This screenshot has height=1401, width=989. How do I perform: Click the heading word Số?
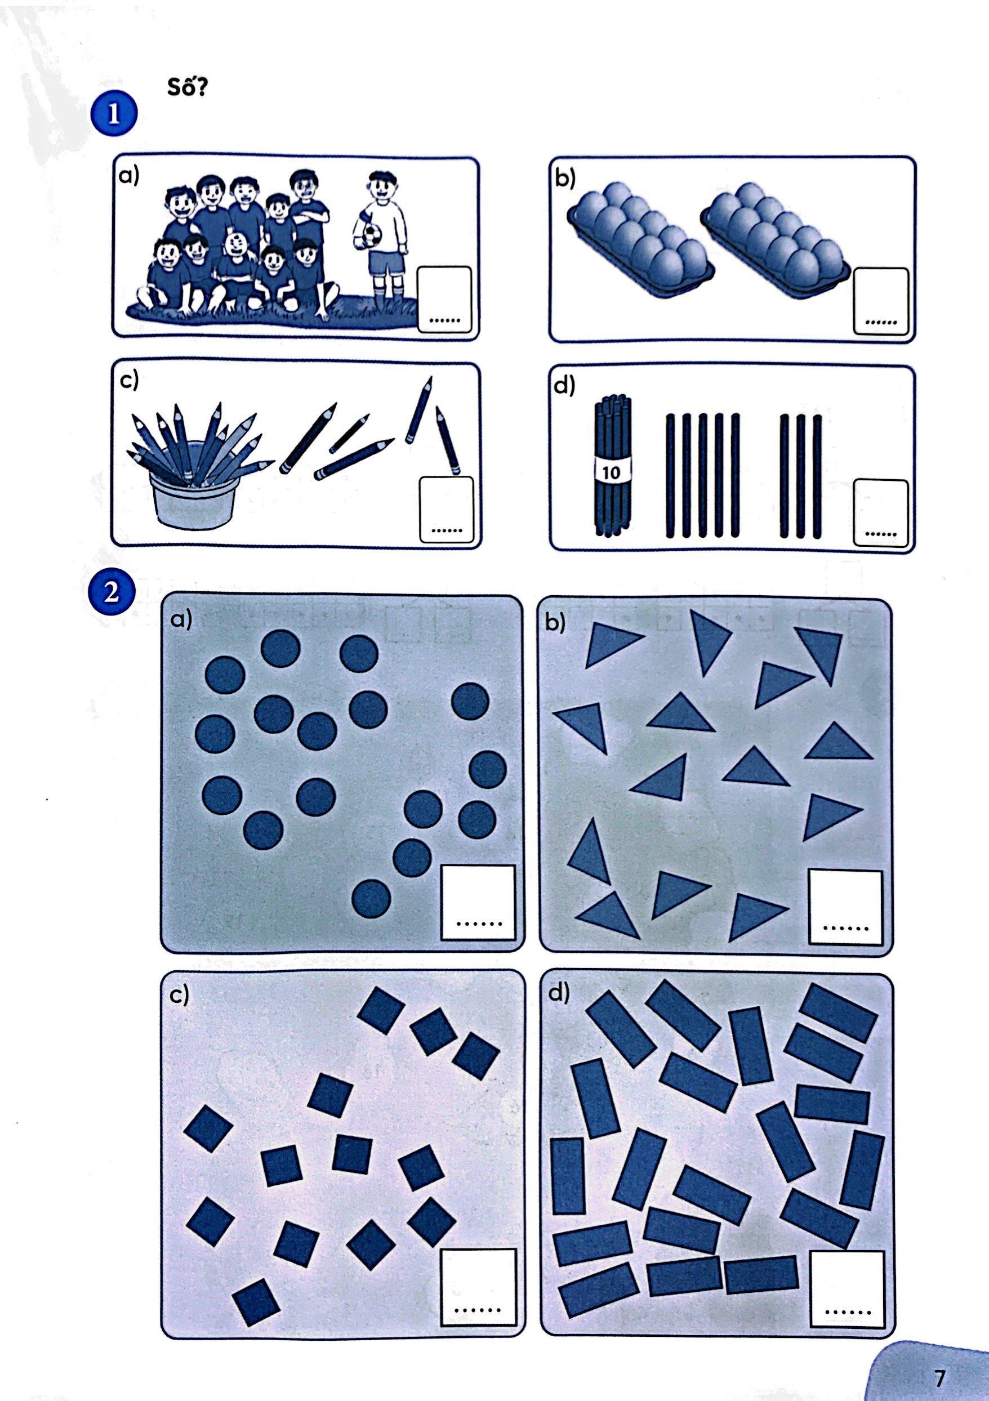click(188, 87)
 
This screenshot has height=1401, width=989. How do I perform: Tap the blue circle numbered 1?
click(114, 114)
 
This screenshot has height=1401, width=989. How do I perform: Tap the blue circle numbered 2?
click(112, 591)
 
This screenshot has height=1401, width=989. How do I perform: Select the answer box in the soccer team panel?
click(444, 299)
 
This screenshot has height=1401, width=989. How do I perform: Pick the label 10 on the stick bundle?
click(611, 472)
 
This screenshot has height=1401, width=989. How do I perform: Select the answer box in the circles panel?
click(478, 902)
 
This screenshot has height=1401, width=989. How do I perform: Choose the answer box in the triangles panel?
click(845, 907)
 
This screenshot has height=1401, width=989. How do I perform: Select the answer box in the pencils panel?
click(447, 509)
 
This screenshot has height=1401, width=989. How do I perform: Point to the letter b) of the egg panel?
click(565, 181)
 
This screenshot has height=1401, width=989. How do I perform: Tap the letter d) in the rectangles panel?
click(559, 993)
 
